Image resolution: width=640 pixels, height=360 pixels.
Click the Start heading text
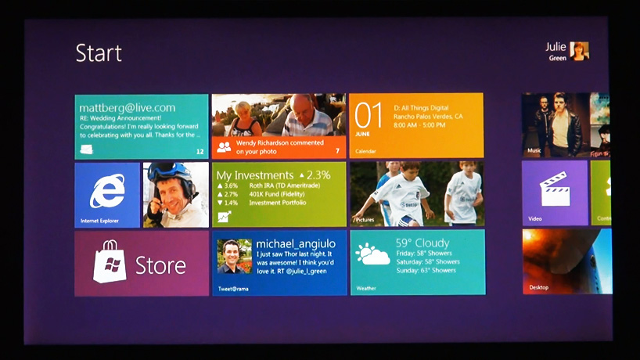pyautogui.click(x=99, y=53)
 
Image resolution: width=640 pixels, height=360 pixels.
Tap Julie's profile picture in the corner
pyautogui.click(x=579, y=51)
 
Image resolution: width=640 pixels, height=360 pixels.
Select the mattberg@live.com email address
pyautogui.click(x=126, y=108)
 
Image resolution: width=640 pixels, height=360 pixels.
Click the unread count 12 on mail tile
pyautogui.click(x=200, y=151)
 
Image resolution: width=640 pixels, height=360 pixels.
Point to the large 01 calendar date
pyautogui.click(x=369, y=115)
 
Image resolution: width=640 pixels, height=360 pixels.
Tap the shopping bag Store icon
pyautogui.click(x=110, y=262)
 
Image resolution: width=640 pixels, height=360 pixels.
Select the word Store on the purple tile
pyautogui.click(x=160, y=265)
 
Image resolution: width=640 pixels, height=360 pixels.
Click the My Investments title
pyautogui.click(x=254, y=175)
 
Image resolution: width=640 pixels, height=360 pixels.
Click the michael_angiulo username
pyautogui.click(x=296, y=244)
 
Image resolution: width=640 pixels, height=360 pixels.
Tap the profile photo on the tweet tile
pyautogui.click(x=233, y=256)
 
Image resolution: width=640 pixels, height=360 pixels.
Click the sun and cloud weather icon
pyautogui.click(x=372, y=254)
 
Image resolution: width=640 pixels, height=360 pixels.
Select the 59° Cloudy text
pyautogui.click(x=422, y=243)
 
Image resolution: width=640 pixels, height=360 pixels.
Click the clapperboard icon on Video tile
pyautogui.click(x=554, y=189)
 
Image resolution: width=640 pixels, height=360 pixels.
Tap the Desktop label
pyautogui.click(x=538, y=287)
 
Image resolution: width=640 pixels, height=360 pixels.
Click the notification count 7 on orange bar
pyautogui.click(x=337, y=150)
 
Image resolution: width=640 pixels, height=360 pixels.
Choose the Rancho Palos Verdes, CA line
pyautogui.click(x=428, y=116)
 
